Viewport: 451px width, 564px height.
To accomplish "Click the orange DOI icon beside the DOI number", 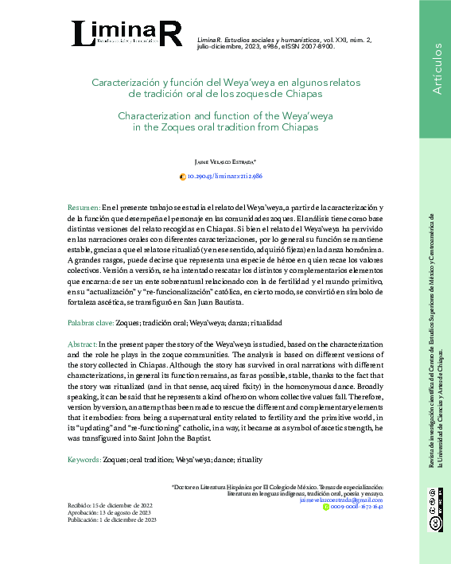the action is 183,176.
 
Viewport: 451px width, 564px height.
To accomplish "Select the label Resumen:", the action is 84,206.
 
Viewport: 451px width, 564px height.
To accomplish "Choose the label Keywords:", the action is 84,460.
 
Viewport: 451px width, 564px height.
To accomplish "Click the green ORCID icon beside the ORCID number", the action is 325,506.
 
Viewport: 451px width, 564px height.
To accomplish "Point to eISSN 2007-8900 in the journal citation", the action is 306,46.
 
